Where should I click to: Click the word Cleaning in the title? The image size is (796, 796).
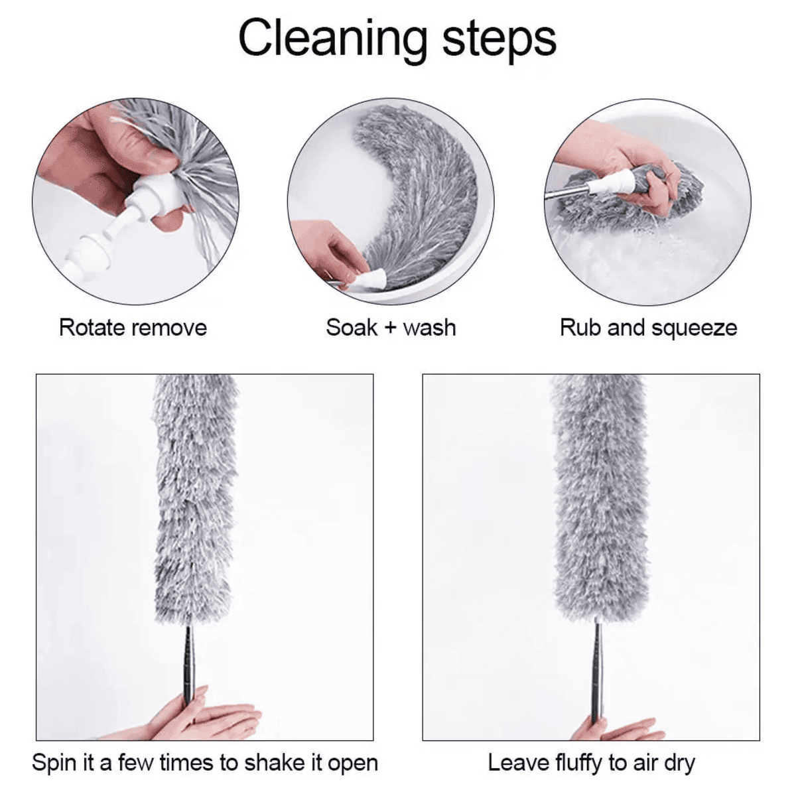tap(332, 40)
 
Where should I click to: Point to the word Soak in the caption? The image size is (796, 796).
tap(352, 328)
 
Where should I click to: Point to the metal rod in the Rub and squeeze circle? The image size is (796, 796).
tap(567, 192)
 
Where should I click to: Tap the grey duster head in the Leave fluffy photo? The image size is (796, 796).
tap(600, 497)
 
